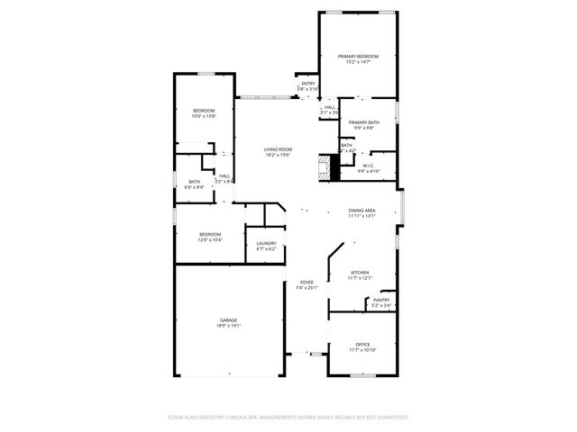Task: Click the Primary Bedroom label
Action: [358, 57]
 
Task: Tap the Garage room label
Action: [228, 319]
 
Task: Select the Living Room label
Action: [278, 149]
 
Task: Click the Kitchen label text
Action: [360, 272]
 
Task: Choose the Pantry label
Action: [381, 300]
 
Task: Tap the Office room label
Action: [362, 344]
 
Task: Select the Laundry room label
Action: [266, 243]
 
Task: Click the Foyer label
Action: [307, 283]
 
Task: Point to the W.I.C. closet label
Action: [369, 166]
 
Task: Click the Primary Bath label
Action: [364, 122]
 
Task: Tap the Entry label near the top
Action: [307, 84]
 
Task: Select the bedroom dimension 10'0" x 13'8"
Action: [204, 116]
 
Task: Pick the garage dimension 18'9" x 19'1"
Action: [228, 326]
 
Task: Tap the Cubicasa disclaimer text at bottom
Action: [288, 418]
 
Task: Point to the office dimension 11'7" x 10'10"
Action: [362, 350]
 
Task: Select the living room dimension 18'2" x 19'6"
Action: [278, 156]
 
